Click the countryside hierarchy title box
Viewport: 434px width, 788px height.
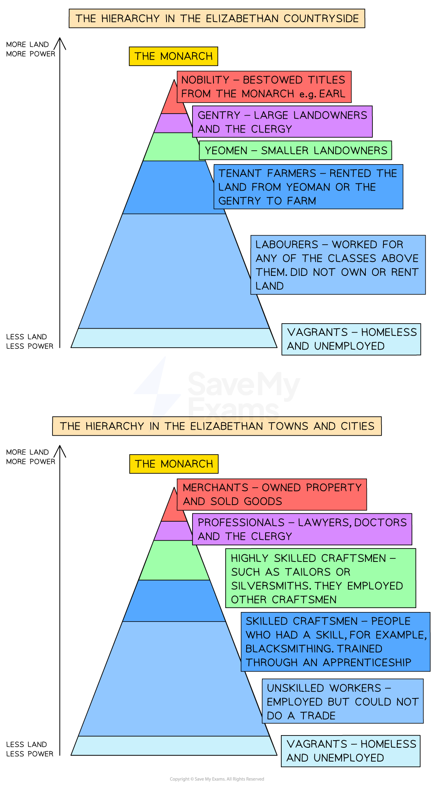point(217,19)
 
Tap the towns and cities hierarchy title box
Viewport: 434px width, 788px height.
point(217,426)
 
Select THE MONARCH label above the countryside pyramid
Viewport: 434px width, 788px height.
point(173,56)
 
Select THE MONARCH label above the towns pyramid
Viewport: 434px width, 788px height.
point(174,464)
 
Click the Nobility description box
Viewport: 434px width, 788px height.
point(264,87)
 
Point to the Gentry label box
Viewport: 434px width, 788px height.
point(282,122)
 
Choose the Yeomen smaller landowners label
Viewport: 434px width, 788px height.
point(296,150)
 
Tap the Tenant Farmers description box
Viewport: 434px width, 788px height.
point(308,187)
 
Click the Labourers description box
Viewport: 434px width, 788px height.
point(337,265)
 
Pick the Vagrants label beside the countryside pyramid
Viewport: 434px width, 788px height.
point(351,339)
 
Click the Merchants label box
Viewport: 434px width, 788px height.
point(271,494)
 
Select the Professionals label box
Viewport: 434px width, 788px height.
point(302,529)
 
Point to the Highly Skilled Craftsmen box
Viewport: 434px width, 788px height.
point(320,578)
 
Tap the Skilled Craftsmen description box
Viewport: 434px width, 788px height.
point(335,642)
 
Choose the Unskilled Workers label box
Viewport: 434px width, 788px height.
point(342,701)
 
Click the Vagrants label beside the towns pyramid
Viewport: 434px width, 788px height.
point(350,751)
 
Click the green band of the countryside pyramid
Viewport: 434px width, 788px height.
point(170,147)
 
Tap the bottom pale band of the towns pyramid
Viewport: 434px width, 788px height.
point(174,745)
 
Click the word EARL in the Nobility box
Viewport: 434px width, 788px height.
point(332,94)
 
